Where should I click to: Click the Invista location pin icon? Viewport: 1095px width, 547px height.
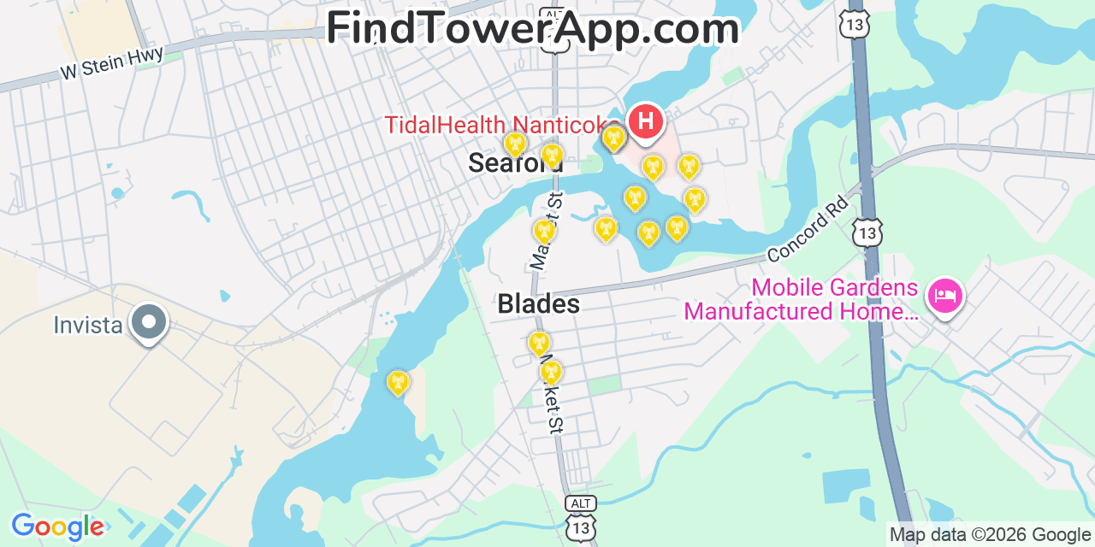coord(149,323)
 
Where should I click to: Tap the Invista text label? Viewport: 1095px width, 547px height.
coord(88,326)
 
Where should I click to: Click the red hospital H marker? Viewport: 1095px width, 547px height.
coord(646,121)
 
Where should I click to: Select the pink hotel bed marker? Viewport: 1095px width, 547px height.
coord(944,297)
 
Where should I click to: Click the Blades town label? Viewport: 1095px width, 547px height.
coord(538,304)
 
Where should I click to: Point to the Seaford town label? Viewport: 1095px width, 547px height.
coord(515,164)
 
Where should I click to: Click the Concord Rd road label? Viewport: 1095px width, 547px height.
coord(808,229)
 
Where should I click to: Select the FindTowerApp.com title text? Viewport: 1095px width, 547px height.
coord(532,28)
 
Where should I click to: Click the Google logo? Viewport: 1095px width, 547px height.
coord(57,526)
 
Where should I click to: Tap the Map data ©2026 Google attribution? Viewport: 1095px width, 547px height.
coord(991,535)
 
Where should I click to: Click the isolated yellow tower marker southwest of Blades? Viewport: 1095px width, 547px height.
coord(398,382)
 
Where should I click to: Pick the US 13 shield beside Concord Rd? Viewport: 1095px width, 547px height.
coord(867,232)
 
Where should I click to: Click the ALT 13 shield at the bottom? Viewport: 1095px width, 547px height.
coord(579,519)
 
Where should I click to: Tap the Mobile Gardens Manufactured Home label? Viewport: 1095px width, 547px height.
coord(801,299)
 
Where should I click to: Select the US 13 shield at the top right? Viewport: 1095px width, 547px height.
coord(855,23)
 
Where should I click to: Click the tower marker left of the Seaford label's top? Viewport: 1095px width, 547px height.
coord(515,144)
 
